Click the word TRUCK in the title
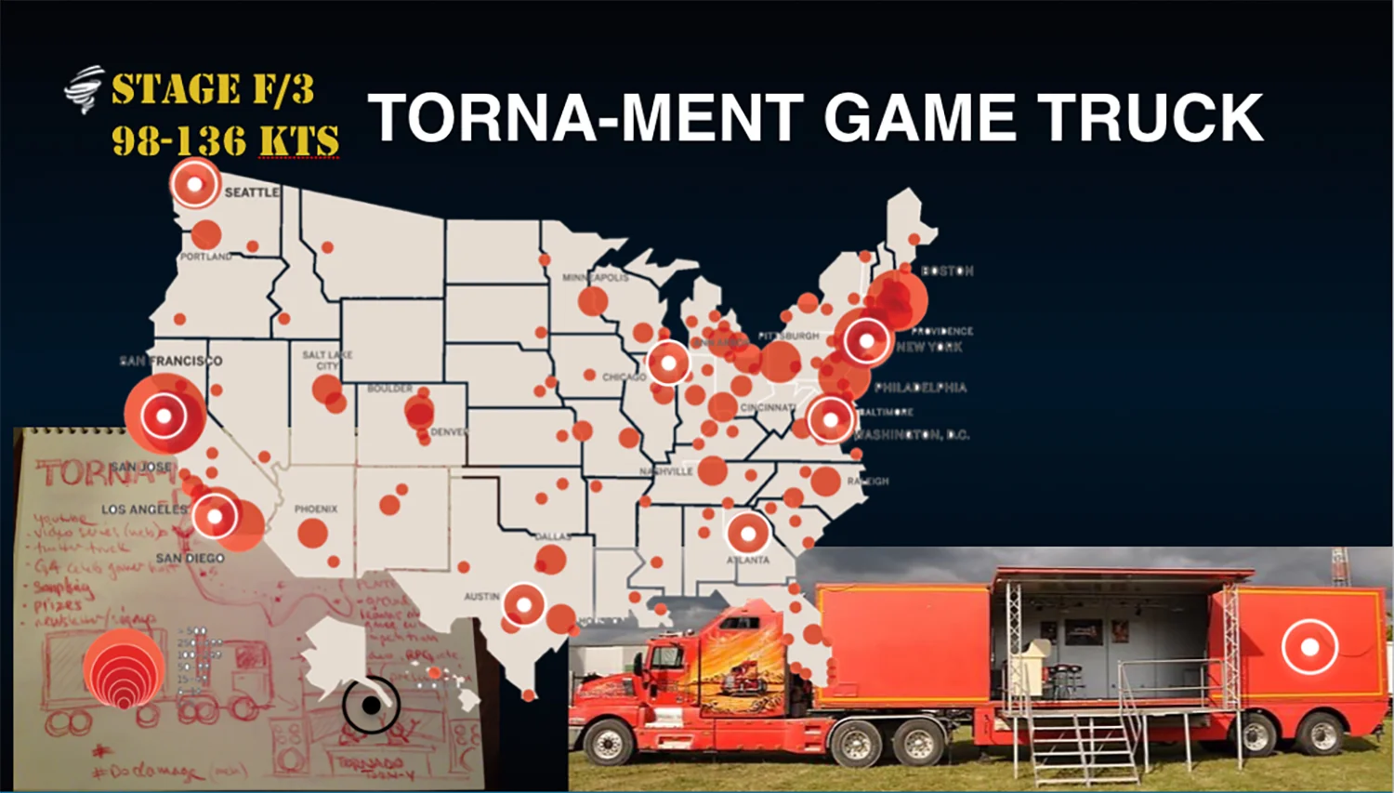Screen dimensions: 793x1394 point(1150,118)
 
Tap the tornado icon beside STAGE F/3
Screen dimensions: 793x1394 point(84,89)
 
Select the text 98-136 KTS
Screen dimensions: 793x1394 point(225,141)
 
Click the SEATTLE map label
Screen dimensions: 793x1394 point(251,192)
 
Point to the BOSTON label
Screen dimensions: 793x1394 point(947,271)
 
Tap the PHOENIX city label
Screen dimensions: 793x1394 point(316,509)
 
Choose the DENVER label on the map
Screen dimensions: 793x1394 point(449,432)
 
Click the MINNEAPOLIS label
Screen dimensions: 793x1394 point(595,277)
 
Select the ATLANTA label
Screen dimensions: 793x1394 point(748,560)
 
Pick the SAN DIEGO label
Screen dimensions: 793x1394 point(190,558)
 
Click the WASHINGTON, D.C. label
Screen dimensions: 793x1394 point(911,435)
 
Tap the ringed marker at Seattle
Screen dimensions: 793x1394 point(195,183)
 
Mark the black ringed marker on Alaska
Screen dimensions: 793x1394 point(371,706)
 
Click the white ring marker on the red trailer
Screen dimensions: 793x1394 point(1309,646)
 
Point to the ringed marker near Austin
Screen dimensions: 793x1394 point(523,605)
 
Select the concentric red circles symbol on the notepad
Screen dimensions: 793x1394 point(124,669)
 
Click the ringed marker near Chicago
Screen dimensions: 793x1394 point(668,363)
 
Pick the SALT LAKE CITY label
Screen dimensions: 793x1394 point(327,360)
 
